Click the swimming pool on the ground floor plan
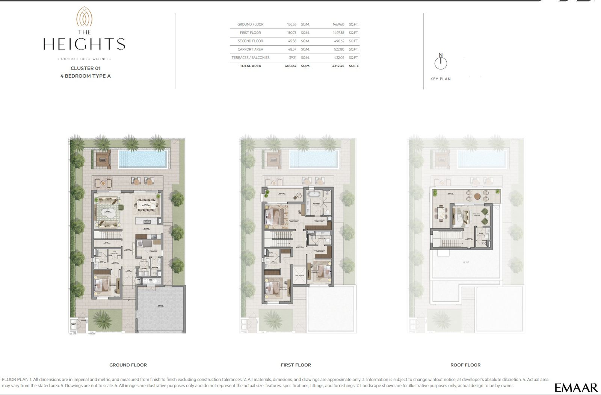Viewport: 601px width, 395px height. (x=143, y=158)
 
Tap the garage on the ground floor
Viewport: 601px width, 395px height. (x=161, y=309)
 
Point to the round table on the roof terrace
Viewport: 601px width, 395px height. (x=477, y=196)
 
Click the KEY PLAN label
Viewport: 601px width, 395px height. (x=440, y=79)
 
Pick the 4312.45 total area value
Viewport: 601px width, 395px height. (x=338, y=66)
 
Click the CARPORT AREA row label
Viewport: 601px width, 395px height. (x=250, y=50)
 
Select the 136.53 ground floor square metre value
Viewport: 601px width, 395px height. (x=291, y=24)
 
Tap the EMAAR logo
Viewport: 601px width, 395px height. (x=575, y=387)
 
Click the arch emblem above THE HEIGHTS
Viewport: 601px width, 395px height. (x=84, y=17)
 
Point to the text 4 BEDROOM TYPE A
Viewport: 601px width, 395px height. (x=86, y=76)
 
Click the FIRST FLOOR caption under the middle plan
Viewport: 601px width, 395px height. (x=296, y=365)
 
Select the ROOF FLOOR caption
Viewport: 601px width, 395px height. (x=465, y=365)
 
